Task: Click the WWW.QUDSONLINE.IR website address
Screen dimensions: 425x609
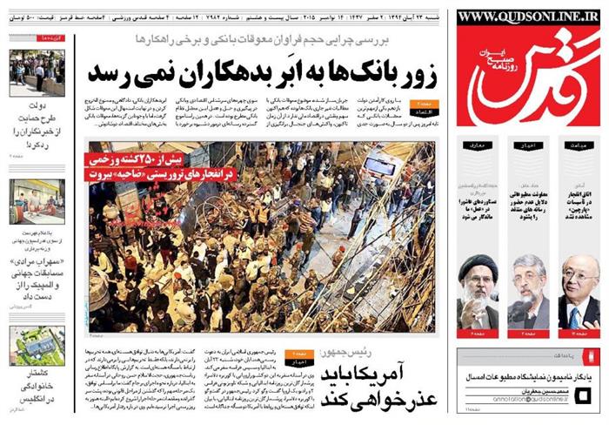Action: point(529,16)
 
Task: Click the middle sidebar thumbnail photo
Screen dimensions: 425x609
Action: point(37,201)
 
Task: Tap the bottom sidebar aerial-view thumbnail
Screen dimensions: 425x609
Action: point(37,346)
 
